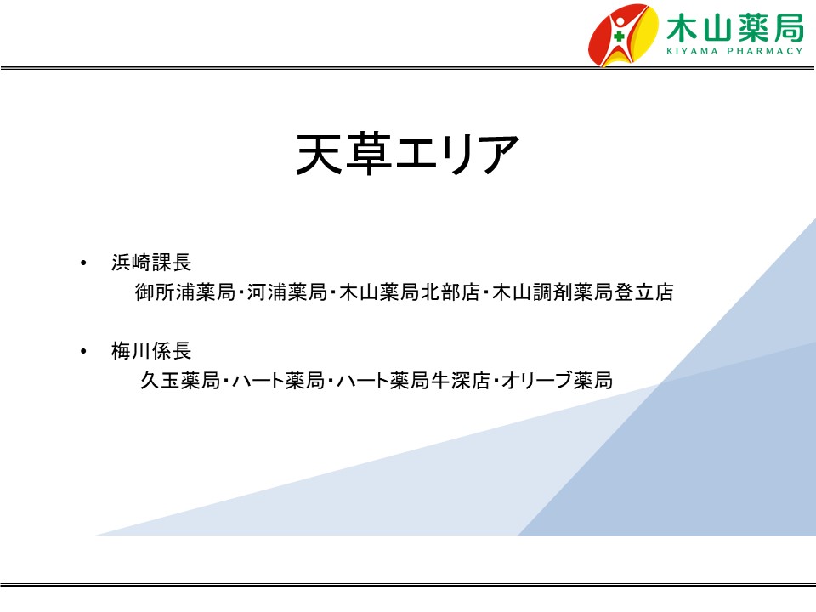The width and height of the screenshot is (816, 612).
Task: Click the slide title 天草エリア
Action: (x=407, y=154)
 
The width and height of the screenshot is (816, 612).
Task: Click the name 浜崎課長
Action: (x=151, y=263)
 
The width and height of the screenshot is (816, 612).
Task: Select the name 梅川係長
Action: (x=151, y=351)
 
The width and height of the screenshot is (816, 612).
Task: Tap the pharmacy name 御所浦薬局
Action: (x=185, y=292)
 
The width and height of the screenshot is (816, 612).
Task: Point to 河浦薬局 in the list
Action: (x=286, y=292)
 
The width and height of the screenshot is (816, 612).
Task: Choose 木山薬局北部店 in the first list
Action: (x=410, y=292)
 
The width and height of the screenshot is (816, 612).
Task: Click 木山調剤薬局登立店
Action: (x=583, y=292)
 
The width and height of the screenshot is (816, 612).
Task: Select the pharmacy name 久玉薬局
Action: (x=180, y=381)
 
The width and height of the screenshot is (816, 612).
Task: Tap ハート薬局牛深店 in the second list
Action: (x=414, y=381)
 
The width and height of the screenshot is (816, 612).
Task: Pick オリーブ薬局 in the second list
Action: (x=558, y=381)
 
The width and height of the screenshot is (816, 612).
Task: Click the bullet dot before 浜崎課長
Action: (x=83, y=263)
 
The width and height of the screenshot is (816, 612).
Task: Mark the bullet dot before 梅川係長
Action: (x=83, y=352)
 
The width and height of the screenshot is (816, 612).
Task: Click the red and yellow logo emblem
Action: (x=623, y=35)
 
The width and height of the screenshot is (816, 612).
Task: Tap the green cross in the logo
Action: (x=619, y=37)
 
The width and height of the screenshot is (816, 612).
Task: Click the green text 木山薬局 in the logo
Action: (x=734, y=28)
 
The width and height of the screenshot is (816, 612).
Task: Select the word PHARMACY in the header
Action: (x=765, y=51)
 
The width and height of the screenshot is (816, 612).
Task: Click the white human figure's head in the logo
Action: (x=620, y=22)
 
